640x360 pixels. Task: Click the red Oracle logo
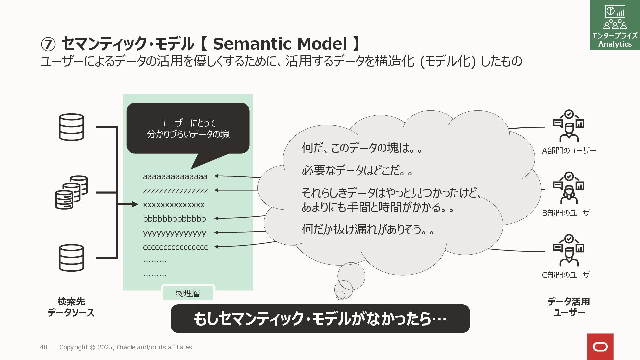pos(600,347)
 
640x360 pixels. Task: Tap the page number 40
pos(44,347)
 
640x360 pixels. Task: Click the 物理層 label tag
pos(188,293)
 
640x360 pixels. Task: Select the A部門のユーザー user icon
pos(569,126)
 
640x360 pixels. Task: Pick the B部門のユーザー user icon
pos(569,188)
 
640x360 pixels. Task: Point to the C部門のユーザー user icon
pos(569,250)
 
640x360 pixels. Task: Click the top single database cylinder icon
pos(71,127)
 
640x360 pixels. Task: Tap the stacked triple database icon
pos(71,192)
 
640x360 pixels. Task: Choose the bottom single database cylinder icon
pos(71,258)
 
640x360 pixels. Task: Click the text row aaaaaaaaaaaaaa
pos(175,177)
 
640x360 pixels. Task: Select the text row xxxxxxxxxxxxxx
pos(174,205)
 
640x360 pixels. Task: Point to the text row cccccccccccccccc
pos(175,247)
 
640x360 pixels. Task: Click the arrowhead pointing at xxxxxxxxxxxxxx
pos(135,204)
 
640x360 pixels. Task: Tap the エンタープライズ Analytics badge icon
pos(615,25)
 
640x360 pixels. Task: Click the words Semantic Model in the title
pos(280,44)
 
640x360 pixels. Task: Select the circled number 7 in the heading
pos(48,44)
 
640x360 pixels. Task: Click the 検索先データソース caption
pos(71,307)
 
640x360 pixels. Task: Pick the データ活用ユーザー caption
pos(569,307)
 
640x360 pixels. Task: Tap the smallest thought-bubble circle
pos(340,295)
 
